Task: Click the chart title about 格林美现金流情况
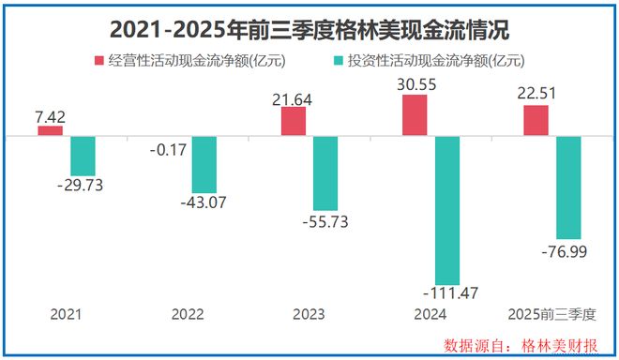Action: (x=309, y=30)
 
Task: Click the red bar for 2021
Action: (x=51, y=131)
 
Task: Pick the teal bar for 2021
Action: (x=83, y=156)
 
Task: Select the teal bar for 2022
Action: (x=204, y=165)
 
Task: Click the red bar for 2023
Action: (x=294, y=122)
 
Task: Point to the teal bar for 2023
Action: (x=325, y=173)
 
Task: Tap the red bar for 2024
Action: (x=415, y=115)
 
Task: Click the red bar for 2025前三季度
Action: (x=536, y=121)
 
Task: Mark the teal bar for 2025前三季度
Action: (x=568, y=187)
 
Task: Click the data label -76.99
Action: (x=569, y=250)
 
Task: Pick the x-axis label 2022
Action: (x=188, y=314)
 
